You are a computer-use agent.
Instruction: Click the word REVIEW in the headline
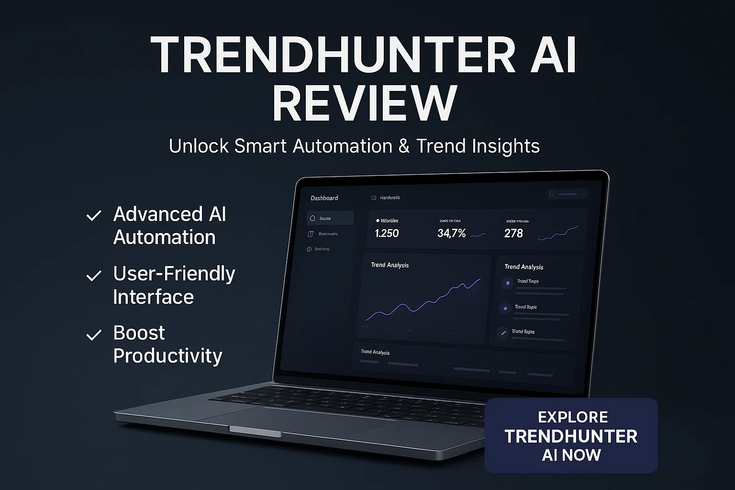(x=365, y=103)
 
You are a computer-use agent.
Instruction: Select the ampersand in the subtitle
(x=404, y=146)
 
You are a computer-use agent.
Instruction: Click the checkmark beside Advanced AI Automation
(x=93, y=216)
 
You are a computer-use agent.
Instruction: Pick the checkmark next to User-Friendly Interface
(x=93, y=276)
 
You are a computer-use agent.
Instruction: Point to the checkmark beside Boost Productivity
(x=93, y=335)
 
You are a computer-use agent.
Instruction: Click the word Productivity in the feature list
(x=167, y=356)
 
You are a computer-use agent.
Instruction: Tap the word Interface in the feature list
(x=153, y=297)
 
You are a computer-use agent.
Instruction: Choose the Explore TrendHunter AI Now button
(x=571, y=435)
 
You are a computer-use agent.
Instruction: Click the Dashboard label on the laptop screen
(x=324, y=198)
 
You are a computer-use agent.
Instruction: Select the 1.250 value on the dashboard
(x=387, y=234)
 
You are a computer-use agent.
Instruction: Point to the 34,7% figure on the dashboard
(x=451, y=234)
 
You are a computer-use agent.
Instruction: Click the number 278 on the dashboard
(x=513, y=234)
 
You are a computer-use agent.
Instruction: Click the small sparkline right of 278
(x=558, y=234)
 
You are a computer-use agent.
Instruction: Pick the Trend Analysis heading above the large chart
(x=390, y=265)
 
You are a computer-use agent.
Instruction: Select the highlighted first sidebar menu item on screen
(x=330, y=218)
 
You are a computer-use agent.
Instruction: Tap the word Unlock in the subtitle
(x=199, y=146)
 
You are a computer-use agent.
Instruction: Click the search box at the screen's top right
(x=568, y=194)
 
